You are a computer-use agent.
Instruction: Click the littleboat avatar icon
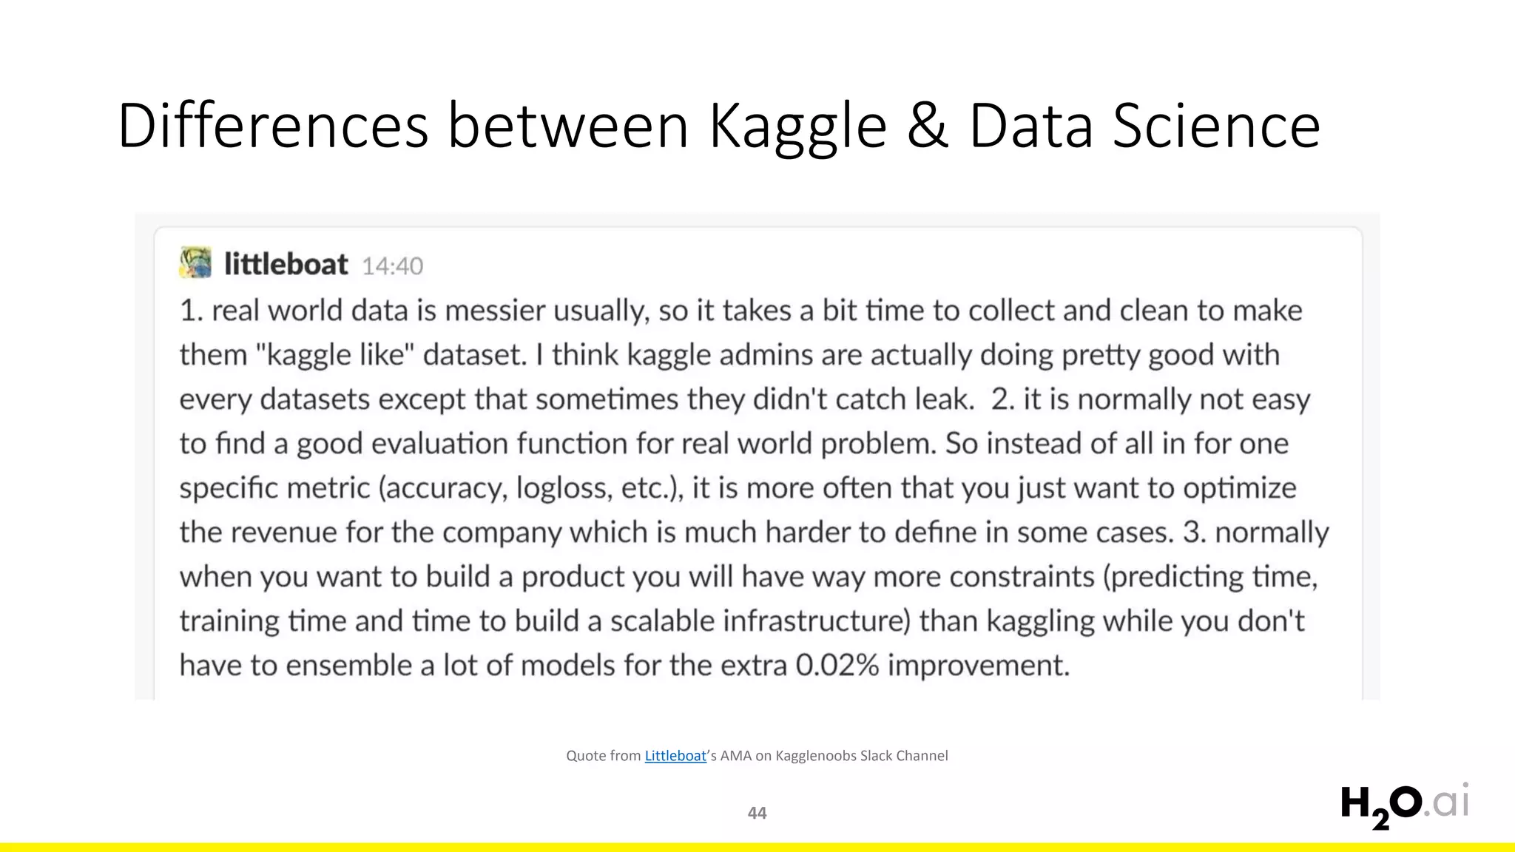pos(195,263)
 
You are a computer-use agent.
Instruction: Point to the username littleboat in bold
pos(286,265)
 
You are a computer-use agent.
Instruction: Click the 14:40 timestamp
pos(392,266)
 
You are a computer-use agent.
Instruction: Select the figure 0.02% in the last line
pos(837,666)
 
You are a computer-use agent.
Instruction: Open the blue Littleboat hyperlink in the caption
pos(675,756)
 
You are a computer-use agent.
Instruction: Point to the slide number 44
pos(757,813)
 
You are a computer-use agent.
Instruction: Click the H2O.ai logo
pos(1404,805)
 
